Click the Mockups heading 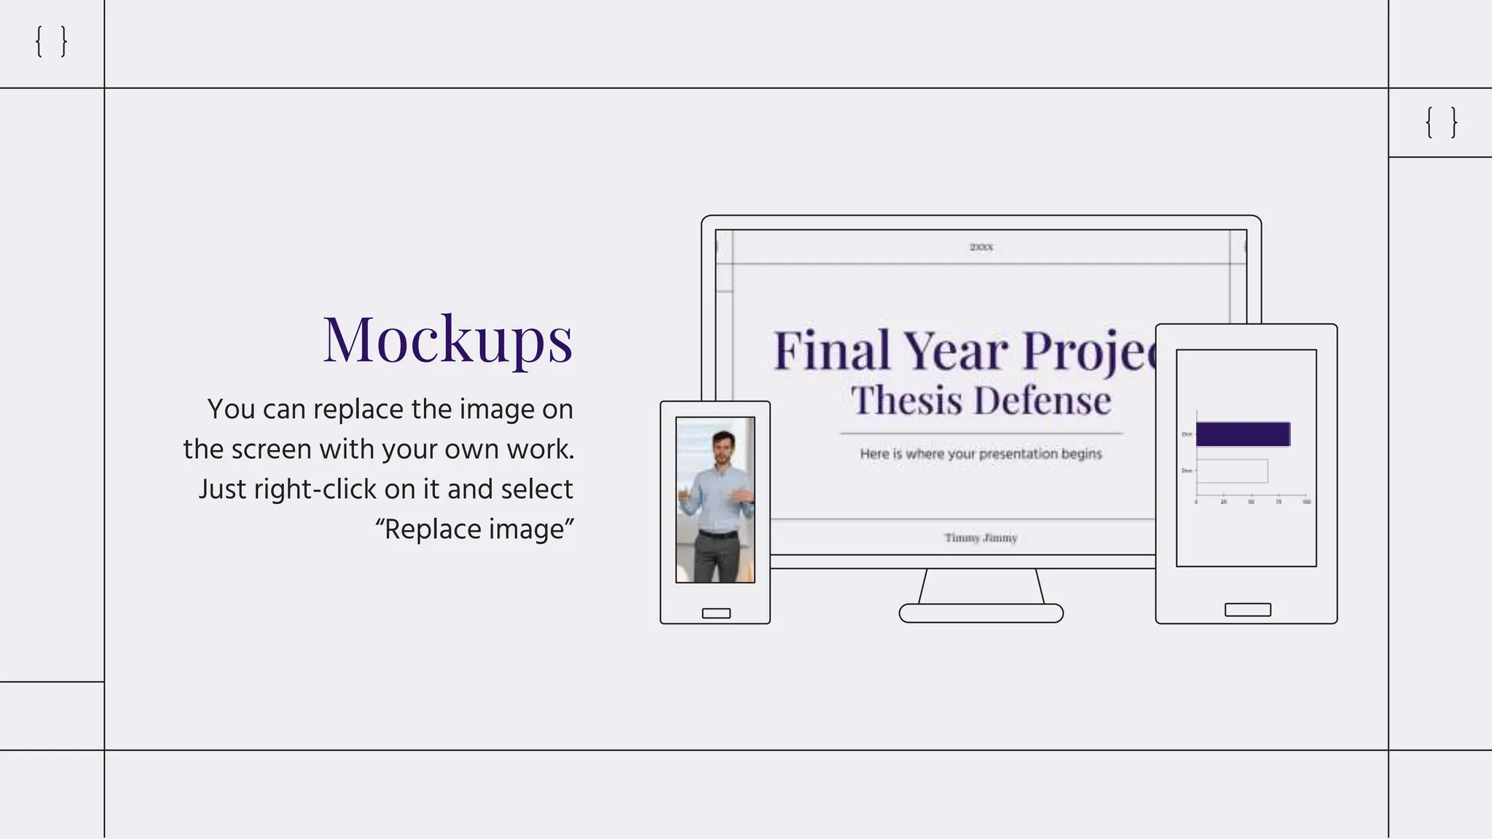click(447, 339)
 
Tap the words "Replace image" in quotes click(475, 529)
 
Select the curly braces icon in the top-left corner click(51, 42)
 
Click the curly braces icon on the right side click(1441, 122)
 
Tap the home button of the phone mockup click(716, 613)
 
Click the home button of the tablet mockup click(1247, 610)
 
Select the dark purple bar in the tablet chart click(1243, 434)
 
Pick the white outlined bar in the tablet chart click(1232, 471)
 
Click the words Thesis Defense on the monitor click(981, 401)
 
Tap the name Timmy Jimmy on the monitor click(981, 538)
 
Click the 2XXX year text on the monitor click(981, 248)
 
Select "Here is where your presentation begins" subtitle click(981, 454)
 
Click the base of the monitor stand click(981, 613)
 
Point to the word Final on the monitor click(831, 351)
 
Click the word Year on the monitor click(956, 351)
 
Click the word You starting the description click(231, 409)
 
